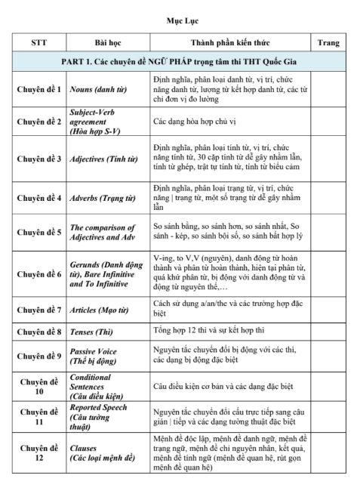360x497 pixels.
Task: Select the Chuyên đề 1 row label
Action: pos(38,88)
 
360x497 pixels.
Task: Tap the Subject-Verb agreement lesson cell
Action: pos(96,121)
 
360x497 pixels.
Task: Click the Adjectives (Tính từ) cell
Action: pos(101,160)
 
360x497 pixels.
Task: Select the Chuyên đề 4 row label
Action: pos(38,199)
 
